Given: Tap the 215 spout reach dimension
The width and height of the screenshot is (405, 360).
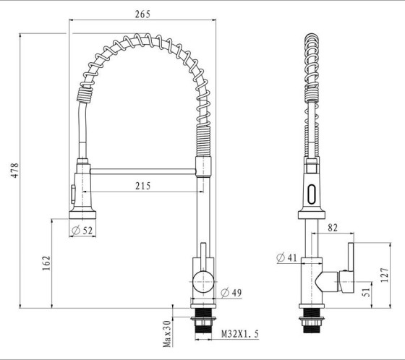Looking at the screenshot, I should (x=142, y=187).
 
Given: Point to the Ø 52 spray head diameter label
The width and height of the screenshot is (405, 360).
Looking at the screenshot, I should (x=83, y=231).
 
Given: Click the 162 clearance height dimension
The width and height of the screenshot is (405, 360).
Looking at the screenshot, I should (x=46, y=264).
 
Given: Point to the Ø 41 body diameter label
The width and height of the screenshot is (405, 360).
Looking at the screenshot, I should (x=286, y=257).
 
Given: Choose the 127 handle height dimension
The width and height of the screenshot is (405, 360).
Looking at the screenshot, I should (x=385, y=274).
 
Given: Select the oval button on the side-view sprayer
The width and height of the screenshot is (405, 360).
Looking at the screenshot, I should (x=312, y=194).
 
